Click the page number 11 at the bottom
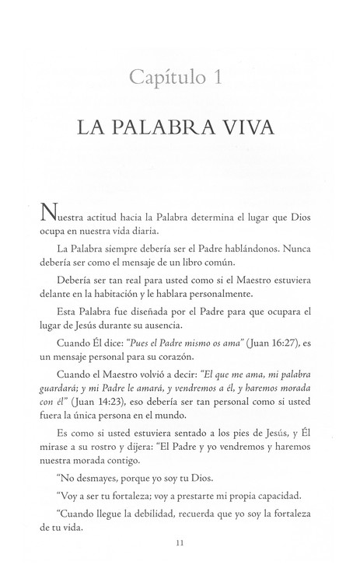click(x=180, y=552)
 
